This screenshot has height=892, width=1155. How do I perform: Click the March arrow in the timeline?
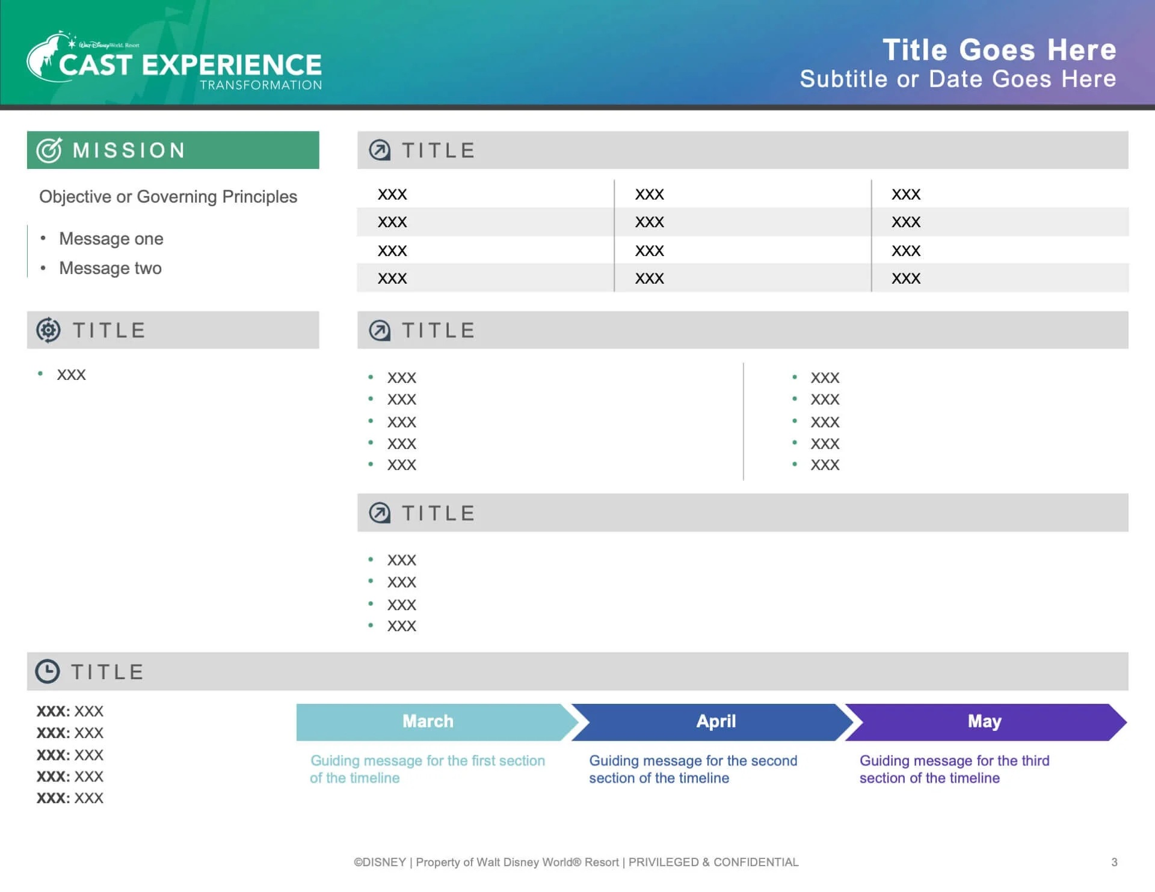click(x=428, y=721)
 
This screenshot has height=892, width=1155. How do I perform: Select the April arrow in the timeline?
click(x=716, y=721)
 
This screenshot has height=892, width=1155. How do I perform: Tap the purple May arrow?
click(x=984, y=721)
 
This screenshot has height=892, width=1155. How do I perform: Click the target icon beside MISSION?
click(x=49, y=150)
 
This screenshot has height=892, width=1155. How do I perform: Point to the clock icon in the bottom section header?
click(x=48, y=671)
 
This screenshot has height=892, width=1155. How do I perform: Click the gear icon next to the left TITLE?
click(x=48, y=330)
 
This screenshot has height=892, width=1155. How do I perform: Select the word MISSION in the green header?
click(x=129, y=150)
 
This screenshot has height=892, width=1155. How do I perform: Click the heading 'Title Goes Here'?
click(x=999, y=50)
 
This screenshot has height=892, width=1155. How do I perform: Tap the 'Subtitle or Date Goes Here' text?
click(x=958, y=79)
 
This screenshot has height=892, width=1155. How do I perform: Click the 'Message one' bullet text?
click(x=111, y=239)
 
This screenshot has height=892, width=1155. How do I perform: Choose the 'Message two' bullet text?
click(x=110, y=268)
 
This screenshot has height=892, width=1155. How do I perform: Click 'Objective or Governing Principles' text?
click(x=168, y=197)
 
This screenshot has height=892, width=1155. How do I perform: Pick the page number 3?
click(x=1114, y=862)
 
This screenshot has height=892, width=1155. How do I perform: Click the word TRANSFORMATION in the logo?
click(x=261, y=85)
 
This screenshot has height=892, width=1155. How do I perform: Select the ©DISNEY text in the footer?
click(x=380, y=862)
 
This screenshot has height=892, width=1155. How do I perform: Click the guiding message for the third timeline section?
click(x=954, y=769)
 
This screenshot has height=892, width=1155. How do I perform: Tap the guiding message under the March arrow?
click(x=427, y=769)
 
